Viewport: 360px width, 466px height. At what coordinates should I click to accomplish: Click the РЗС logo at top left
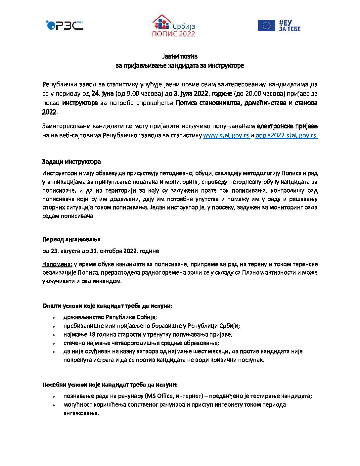tap(65, 25)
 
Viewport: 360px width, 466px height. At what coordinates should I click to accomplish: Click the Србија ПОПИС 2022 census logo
tap(173, 26)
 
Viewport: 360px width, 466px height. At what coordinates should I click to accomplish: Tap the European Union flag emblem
tap(266, 25)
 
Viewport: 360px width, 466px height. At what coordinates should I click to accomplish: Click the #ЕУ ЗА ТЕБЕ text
tap(289, 25)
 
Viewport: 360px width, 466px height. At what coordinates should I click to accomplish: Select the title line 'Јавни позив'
tap(180, 56)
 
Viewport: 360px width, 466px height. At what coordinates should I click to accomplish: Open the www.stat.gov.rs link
tap(226, 135)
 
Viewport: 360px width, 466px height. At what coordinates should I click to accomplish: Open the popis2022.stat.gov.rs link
tap(286, 135)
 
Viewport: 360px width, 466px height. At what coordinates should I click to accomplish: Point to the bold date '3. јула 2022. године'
tap(203, 94)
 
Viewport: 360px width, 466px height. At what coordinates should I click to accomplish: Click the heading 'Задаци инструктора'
tap(71, 162)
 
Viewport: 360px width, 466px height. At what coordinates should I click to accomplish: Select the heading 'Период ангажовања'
tap(71, 239)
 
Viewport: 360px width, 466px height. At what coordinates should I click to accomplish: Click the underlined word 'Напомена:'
tap(57, 264)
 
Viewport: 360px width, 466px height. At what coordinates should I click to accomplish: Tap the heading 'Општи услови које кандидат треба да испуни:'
tap(107, 306)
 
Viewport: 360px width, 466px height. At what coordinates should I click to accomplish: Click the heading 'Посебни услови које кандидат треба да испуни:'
tap(110, 385)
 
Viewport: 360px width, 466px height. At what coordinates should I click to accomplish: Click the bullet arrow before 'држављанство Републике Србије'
tap(54, 317)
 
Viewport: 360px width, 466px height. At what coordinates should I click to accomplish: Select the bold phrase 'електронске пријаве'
tap(287, 126)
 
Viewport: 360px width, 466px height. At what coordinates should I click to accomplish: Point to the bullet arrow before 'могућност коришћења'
tap(54, 405)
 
